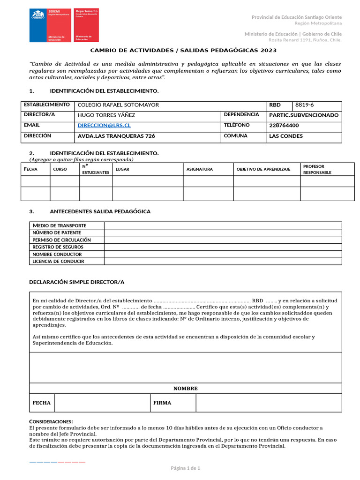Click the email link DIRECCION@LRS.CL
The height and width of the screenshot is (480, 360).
click(x=104, y=126)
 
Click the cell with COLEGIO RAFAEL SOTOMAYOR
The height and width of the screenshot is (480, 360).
click(x=118, y=105)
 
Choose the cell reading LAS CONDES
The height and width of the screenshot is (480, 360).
click(x=285, y=136)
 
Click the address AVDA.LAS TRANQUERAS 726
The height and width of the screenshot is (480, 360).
click(x=116, y=136)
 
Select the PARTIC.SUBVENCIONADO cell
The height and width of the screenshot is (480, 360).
click(x=304, y=115)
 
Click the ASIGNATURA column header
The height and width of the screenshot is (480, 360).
click(x=199, y=169)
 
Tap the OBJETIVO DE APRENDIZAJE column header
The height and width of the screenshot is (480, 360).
click(x=263, y=169)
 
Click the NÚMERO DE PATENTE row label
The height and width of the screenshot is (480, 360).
click(x=56, y=232)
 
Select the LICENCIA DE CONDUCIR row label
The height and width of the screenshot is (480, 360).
click(x=58, y=262)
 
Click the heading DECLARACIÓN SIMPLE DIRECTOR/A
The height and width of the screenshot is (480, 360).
click(x=76, y=282)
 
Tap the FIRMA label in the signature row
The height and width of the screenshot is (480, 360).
click(x=162, y=403)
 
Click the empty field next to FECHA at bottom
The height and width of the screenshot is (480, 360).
click(x=102, y=403)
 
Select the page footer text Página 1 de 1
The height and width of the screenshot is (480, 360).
click(x=186, y=468)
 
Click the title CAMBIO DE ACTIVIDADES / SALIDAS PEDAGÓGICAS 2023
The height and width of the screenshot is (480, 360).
click(x=183, y=50)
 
